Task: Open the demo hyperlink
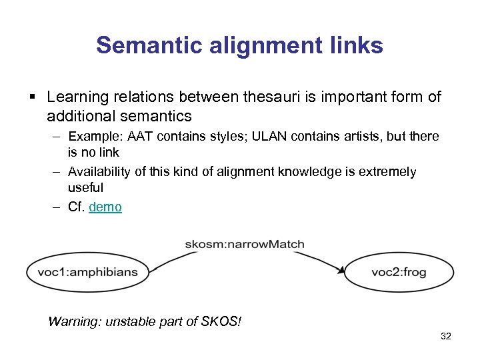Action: pos(105,207)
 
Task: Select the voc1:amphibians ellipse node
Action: pos(88,272)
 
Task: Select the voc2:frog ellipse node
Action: pos(399,272)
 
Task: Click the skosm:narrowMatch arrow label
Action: pos(245,244)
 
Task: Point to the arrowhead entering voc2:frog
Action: pos(341,270)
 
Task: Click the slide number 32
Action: pos(446,337)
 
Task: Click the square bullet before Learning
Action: pos(33,98)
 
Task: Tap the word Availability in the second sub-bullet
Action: pos(99,172)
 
